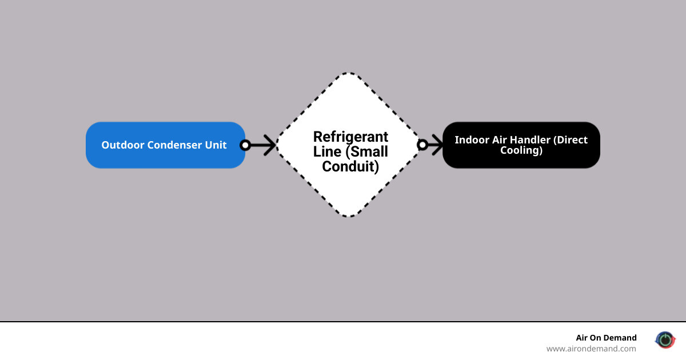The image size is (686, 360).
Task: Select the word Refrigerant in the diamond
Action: [x=350, y=137]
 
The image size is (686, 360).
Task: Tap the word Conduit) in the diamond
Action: [x=350, y=167]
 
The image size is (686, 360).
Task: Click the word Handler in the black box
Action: [x=523, y=140]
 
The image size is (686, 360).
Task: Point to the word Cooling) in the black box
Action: [x=521, y=151]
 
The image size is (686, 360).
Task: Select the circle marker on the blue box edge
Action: [x=245, y=145]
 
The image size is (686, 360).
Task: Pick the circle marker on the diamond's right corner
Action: [x=422, y=145]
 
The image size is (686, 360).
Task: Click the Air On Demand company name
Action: [x=606, y=338]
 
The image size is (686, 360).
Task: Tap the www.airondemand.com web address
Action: [x=591, y=349]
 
